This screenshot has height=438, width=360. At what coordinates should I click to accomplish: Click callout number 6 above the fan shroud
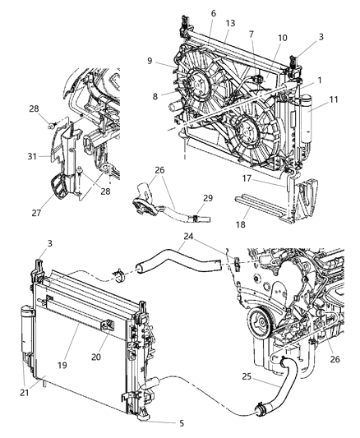213,14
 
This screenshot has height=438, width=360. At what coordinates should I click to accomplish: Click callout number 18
264,221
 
